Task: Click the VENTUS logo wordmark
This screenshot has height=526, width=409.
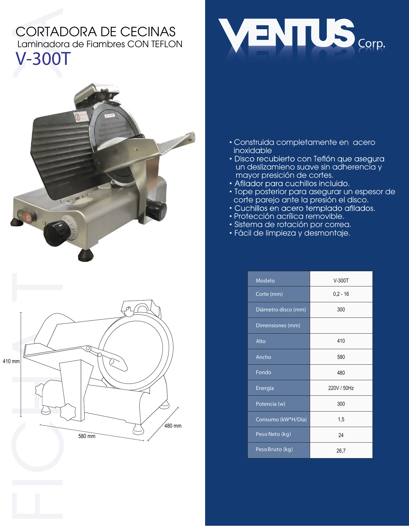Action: [x=286, y=34]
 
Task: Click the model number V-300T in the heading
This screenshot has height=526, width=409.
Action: [x=43, y=59]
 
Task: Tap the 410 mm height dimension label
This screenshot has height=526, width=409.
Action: [x=11, y=361]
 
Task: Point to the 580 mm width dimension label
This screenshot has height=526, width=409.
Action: [x=87, y=436]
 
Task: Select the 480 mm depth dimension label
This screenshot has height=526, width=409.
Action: [x=173, y=426]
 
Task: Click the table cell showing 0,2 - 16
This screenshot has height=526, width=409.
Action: [x=341, y=294]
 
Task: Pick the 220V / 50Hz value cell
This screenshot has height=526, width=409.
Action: [x=341, y=388]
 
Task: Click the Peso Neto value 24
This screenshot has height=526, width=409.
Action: [x=341, y=435]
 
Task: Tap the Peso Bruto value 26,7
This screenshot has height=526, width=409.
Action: [x=341, y=451]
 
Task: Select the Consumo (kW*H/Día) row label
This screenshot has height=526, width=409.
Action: [x=281, y=419]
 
